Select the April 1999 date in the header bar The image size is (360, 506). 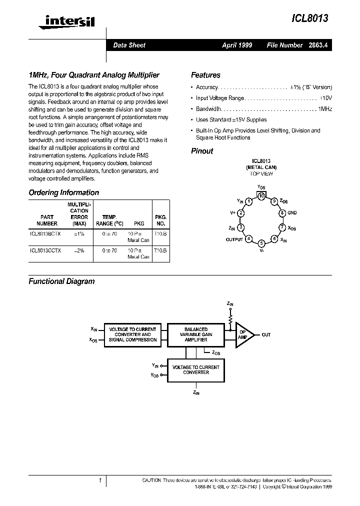(x=237, y=45)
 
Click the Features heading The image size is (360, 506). (x=205, y=75)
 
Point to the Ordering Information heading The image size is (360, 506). (x=63, y=192)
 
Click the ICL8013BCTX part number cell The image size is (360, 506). (x=46, y=234)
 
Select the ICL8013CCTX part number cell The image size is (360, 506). (x=46, y=250)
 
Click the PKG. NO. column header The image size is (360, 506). (x=160, y=220)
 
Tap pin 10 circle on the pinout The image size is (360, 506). (x=261, y=196)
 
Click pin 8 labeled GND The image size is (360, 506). (x=282, y=213)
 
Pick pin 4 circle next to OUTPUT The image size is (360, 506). (x=248, y=239)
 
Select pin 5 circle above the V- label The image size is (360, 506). (x=261, y=243)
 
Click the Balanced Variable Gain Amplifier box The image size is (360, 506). (x=196, y=334)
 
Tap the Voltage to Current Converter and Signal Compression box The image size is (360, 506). (x=132, y=334)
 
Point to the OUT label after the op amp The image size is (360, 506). (x=266, y=334)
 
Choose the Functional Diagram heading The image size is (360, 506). (x=61, y=281)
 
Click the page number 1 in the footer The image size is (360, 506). (x=100, y=480)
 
